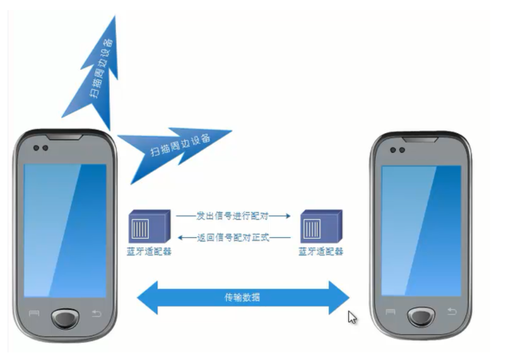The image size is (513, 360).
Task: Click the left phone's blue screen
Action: tap(65, 230)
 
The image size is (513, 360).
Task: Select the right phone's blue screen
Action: tap(421, 230)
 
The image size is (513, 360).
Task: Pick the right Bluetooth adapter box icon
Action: tap(321, 226)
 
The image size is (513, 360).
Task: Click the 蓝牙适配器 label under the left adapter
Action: tap(149, 251)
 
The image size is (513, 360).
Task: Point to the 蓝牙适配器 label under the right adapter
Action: tap(321, 251)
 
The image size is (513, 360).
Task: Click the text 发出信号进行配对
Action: tap(233, 216)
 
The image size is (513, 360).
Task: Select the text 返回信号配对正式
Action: tap(233, 237)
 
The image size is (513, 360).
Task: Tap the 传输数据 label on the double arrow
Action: tap(242, 296)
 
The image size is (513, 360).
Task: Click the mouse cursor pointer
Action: tap(351, 316)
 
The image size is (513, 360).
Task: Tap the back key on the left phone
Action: tap(97, 313)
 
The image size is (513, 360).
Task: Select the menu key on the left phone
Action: tap(33, 313)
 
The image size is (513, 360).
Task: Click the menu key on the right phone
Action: tap(391, 311)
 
